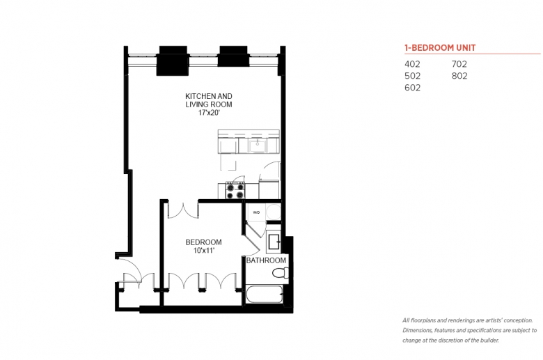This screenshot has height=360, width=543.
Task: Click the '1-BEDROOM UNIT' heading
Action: click(x=440, y=48)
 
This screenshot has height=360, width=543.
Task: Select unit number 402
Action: click(x=412, y=64)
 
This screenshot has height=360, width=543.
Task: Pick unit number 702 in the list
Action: click(x=459, y=64)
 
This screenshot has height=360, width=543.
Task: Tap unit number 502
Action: click(x=412, y=76)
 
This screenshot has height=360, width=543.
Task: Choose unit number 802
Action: click(x=459, y=76)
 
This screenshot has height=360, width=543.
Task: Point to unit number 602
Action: click(x=412, y=88)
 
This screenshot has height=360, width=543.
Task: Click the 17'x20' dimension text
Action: click(x=209, y=113)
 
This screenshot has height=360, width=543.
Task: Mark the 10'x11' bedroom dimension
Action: click(x=204, y=250)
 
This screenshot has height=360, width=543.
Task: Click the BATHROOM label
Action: click(x=266, y=260)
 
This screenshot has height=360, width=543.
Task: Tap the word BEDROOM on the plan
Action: click(x=203, y=242)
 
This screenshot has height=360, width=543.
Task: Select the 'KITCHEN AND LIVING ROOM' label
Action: click(x=209, y=100)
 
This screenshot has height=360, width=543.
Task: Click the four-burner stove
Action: click(x=235, y=191)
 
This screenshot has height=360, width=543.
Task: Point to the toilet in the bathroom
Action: click(x=280, y=273)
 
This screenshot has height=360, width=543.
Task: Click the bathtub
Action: click(x=265, y=294)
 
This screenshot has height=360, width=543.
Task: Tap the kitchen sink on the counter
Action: click(x=257, y=146)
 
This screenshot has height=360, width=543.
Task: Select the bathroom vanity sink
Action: click(x=274, y=242)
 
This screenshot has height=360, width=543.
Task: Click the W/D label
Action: click(x=256, y=212)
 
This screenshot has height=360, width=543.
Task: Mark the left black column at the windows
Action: click(x=173, y=61)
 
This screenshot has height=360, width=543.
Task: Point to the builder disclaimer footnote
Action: click(x=470, y=330)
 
